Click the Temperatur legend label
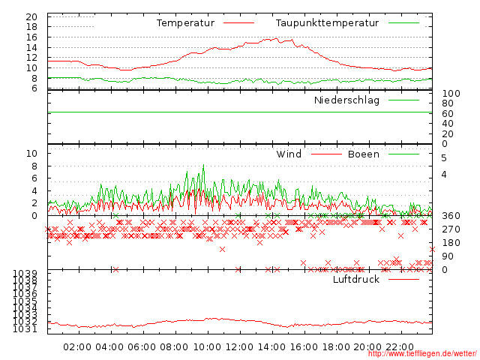(185, 22)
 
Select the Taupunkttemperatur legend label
(326, 22)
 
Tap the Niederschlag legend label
(346, 100)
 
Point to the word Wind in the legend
(289, 154)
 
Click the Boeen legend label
(364, 154)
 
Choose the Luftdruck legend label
(356, 279)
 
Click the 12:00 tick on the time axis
(239, 346)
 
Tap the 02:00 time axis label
(77, 346)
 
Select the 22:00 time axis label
(400, 346)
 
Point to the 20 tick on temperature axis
(31, 16)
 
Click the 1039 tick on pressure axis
(26, 273)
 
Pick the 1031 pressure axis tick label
(26, 328)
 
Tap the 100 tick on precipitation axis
(451, 94)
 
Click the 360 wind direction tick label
(451, 216)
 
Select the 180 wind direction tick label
(451, 243)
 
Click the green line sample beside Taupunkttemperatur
(403, 23)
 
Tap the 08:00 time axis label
(174, 346)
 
